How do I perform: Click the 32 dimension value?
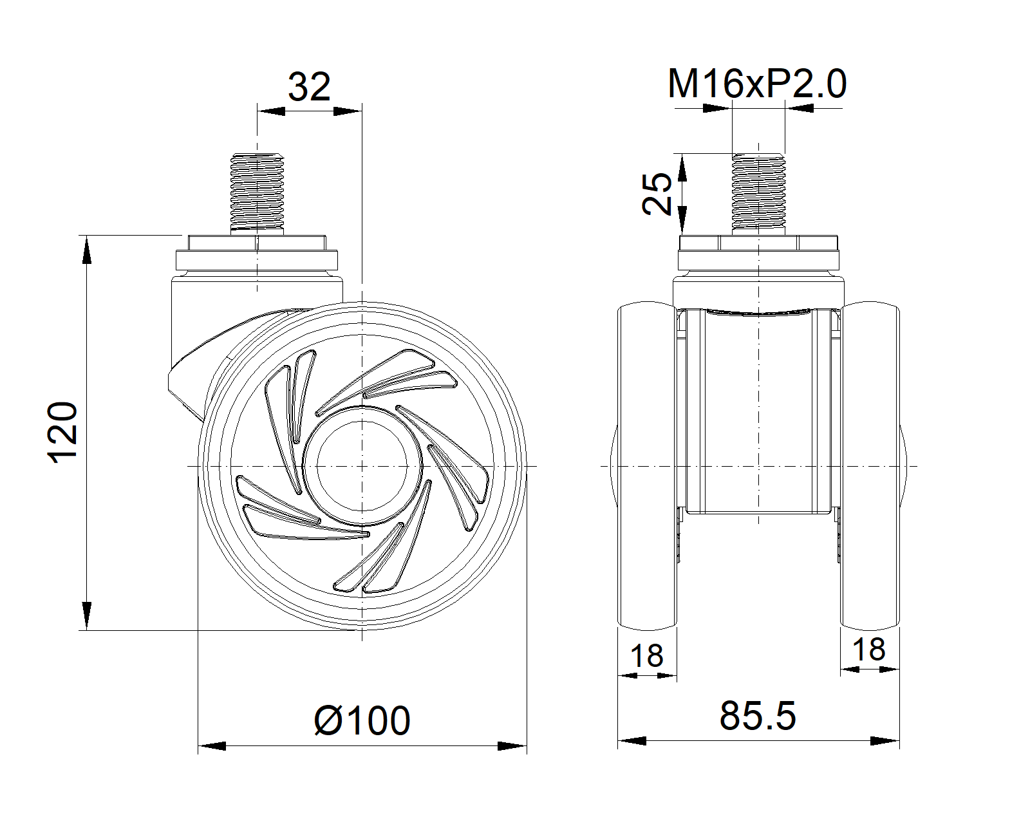point(309,87)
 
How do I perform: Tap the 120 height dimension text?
point(62,432)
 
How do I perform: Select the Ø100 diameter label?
point(362,720)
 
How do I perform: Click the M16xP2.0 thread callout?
point(756,84)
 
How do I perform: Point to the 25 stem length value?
point(657,193)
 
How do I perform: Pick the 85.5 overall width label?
point(758,716)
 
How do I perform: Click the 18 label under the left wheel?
point(646,655)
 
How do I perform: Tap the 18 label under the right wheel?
point(869,650)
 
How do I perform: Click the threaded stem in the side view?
point(257,192)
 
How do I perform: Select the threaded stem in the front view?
point(758,192)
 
